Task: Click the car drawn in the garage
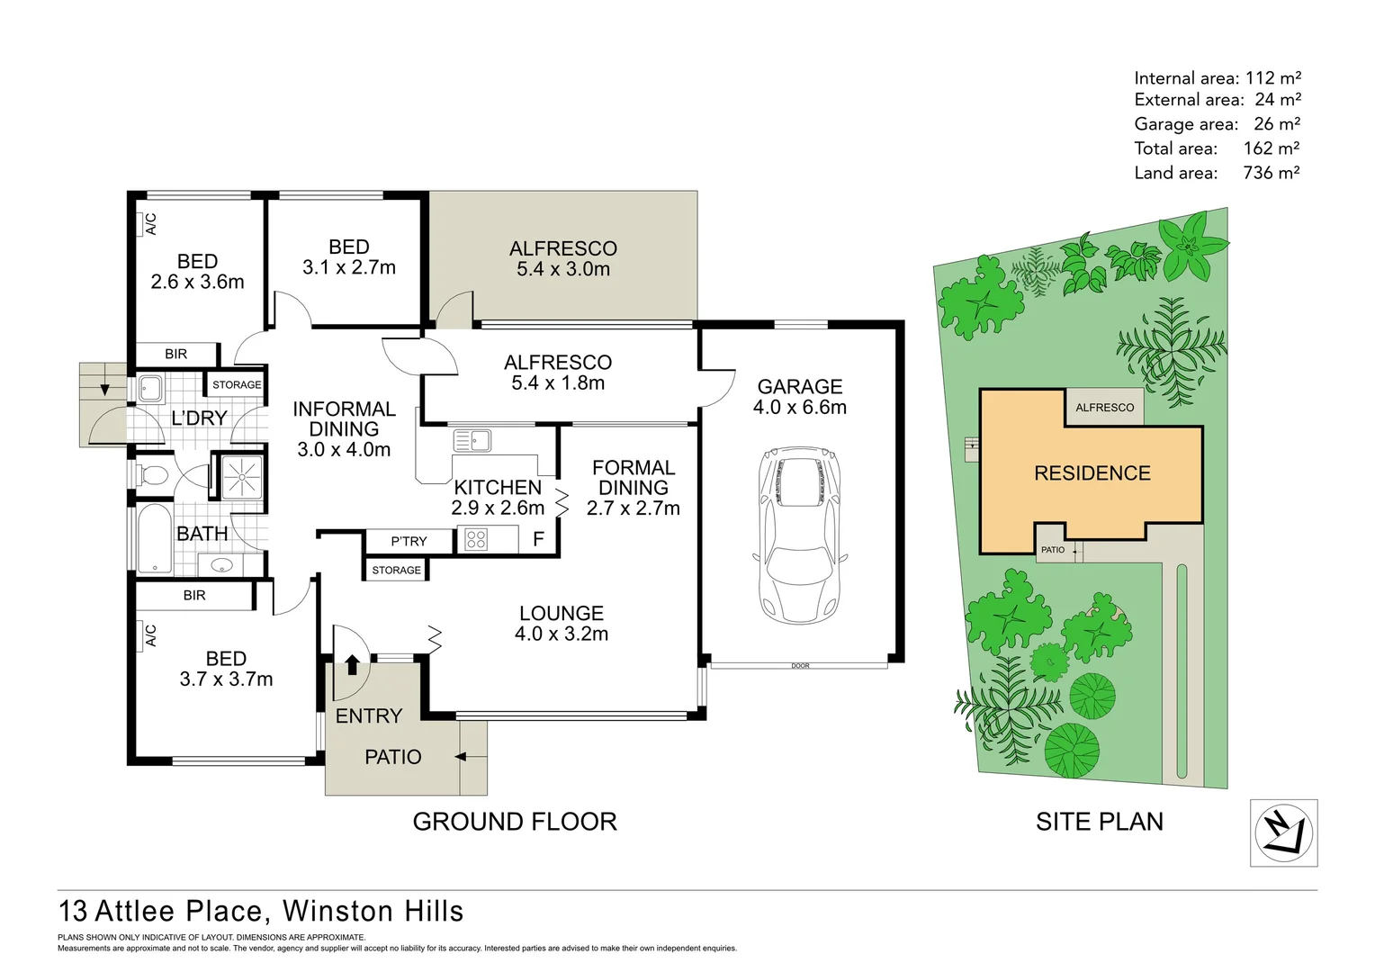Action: pyautogui.click(x=799, y=535)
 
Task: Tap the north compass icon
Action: pyautogui.click(x=1283, y=832)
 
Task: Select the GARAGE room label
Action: pyautogui.click(x=799, y=387)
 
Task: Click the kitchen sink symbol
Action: pyautogui.click(x=472, y=441)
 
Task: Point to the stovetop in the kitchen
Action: pyautogui.click(x=476, y=540)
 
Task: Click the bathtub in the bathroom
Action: pyautogui.click(x=156, y=538)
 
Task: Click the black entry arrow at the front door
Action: pyautogui.click(x=352, y=665)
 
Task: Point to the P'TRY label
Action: pyautogui.click(x=409, y=541)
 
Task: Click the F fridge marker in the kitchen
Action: pyautogui.click(x=538, y=540)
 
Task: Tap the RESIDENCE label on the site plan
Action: pyautogui.click(x=1092, y=473)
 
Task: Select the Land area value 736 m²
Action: pyautogui.click(x=1271, y=173)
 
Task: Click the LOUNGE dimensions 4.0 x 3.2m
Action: pyautogui.click(x=561, y=634)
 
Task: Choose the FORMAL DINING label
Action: pyautogui.click(x=633, y=478)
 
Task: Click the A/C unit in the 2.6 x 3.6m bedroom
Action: pyautogui.click(x=150, y=223)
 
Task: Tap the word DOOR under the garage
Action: pyautogui.click(x=800, y=666)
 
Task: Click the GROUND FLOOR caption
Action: pyautogui.click(x=514, y=822)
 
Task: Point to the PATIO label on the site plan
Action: pyautogui.click(x=1052, y=550)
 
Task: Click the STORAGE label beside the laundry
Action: pyautogui.click(x=237, y=385)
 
